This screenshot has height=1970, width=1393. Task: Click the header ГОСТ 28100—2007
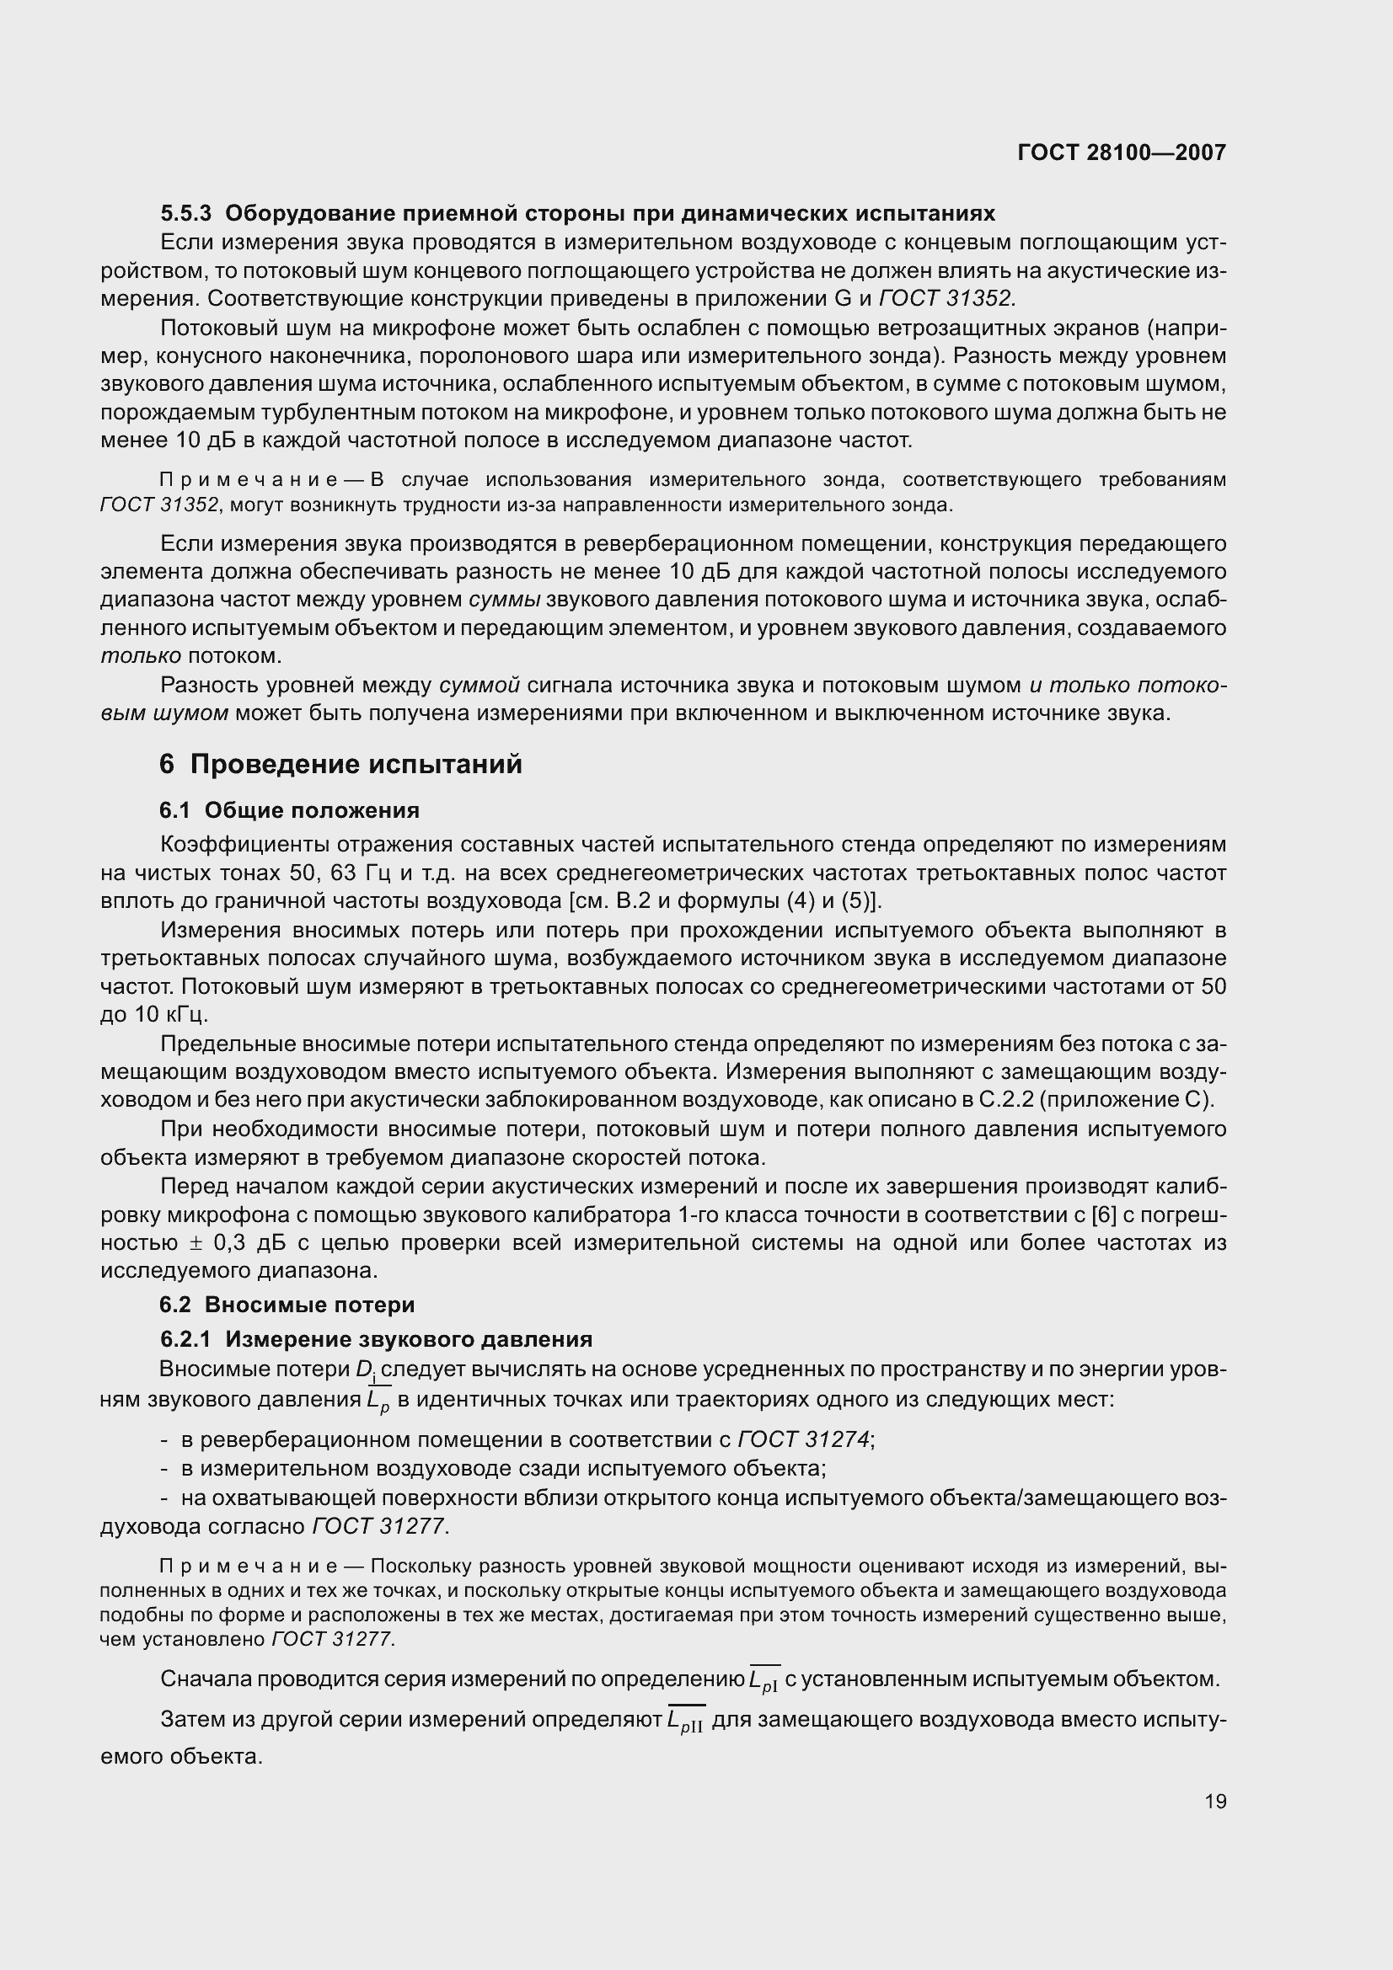[x=1121, y=152]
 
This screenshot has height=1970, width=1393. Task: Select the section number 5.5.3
[x=185, y=213]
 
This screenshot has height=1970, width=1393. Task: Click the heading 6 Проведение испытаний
[x=340, y=764]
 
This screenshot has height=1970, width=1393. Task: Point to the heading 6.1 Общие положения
[x=289, y=810]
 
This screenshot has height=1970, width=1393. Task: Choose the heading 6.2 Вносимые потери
[x=287, y=1304]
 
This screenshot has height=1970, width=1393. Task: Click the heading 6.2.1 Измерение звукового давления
[x=376, y=1338]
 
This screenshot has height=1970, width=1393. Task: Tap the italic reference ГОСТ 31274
[x=803, y=1439]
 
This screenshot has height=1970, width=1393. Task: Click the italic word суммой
[x=480, y=685]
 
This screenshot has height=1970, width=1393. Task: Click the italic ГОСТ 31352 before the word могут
[x=159, y=505]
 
